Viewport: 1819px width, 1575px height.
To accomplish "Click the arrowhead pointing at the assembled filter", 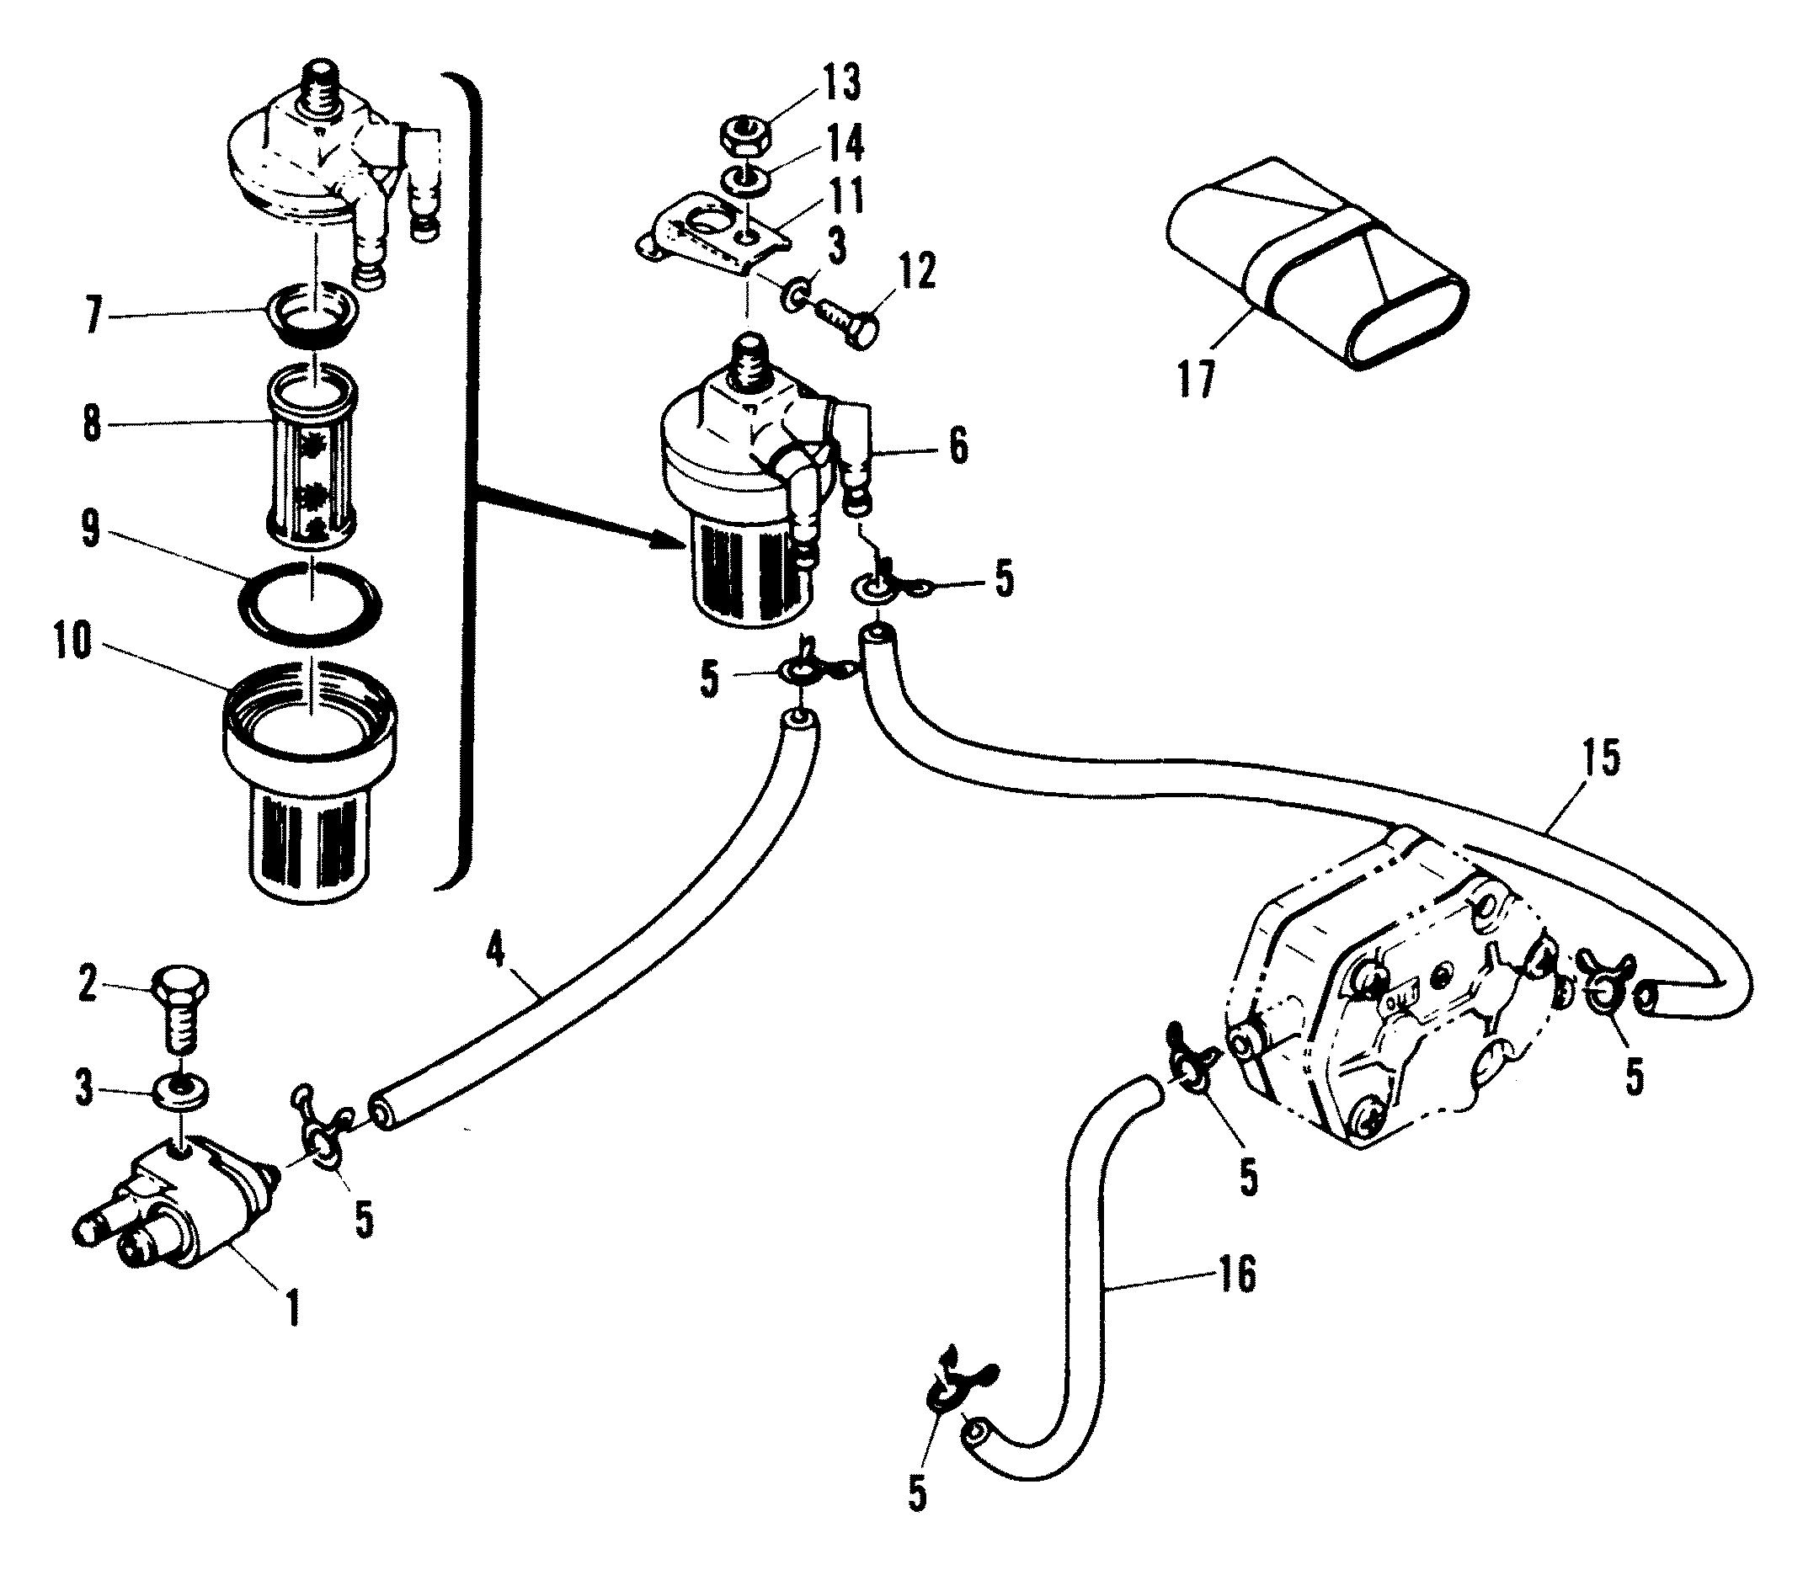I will click(673, 545).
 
